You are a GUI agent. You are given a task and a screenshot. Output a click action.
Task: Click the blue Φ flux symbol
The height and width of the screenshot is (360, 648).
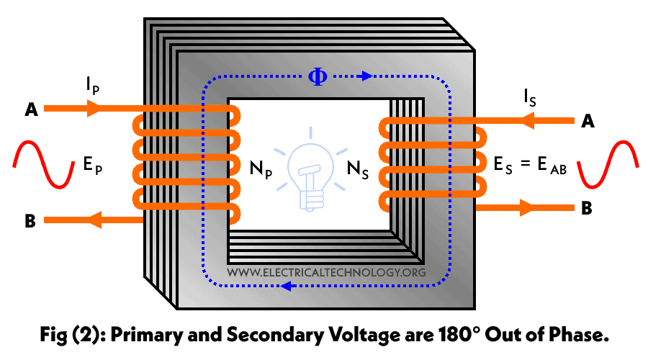(x=317, y=76)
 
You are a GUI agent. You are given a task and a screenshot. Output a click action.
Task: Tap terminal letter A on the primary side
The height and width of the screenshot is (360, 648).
(x=31, y=110)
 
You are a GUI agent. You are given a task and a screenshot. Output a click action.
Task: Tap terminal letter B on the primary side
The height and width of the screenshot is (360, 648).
(x=30, y=221)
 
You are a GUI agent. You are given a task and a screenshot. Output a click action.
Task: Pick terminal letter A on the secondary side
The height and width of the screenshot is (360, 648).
(x=588, y=122)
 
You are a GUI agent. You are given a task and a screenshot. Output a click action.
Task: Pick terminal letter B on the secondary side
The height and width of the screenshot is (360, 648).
(x=588, y=210)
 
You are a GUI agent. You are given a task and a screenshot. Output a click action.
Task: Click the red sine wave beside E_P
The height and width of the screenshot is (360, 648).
(x=44, y=163)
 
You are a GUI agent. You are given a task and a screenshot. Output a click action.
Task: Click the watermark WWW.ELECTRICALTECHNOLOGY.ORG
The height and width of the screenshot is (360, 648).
(x=326, y=273)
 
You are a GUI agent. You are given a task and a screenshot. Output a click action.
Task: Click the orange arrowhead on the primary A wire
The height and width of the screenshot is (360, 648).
(x=95, y=109)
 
